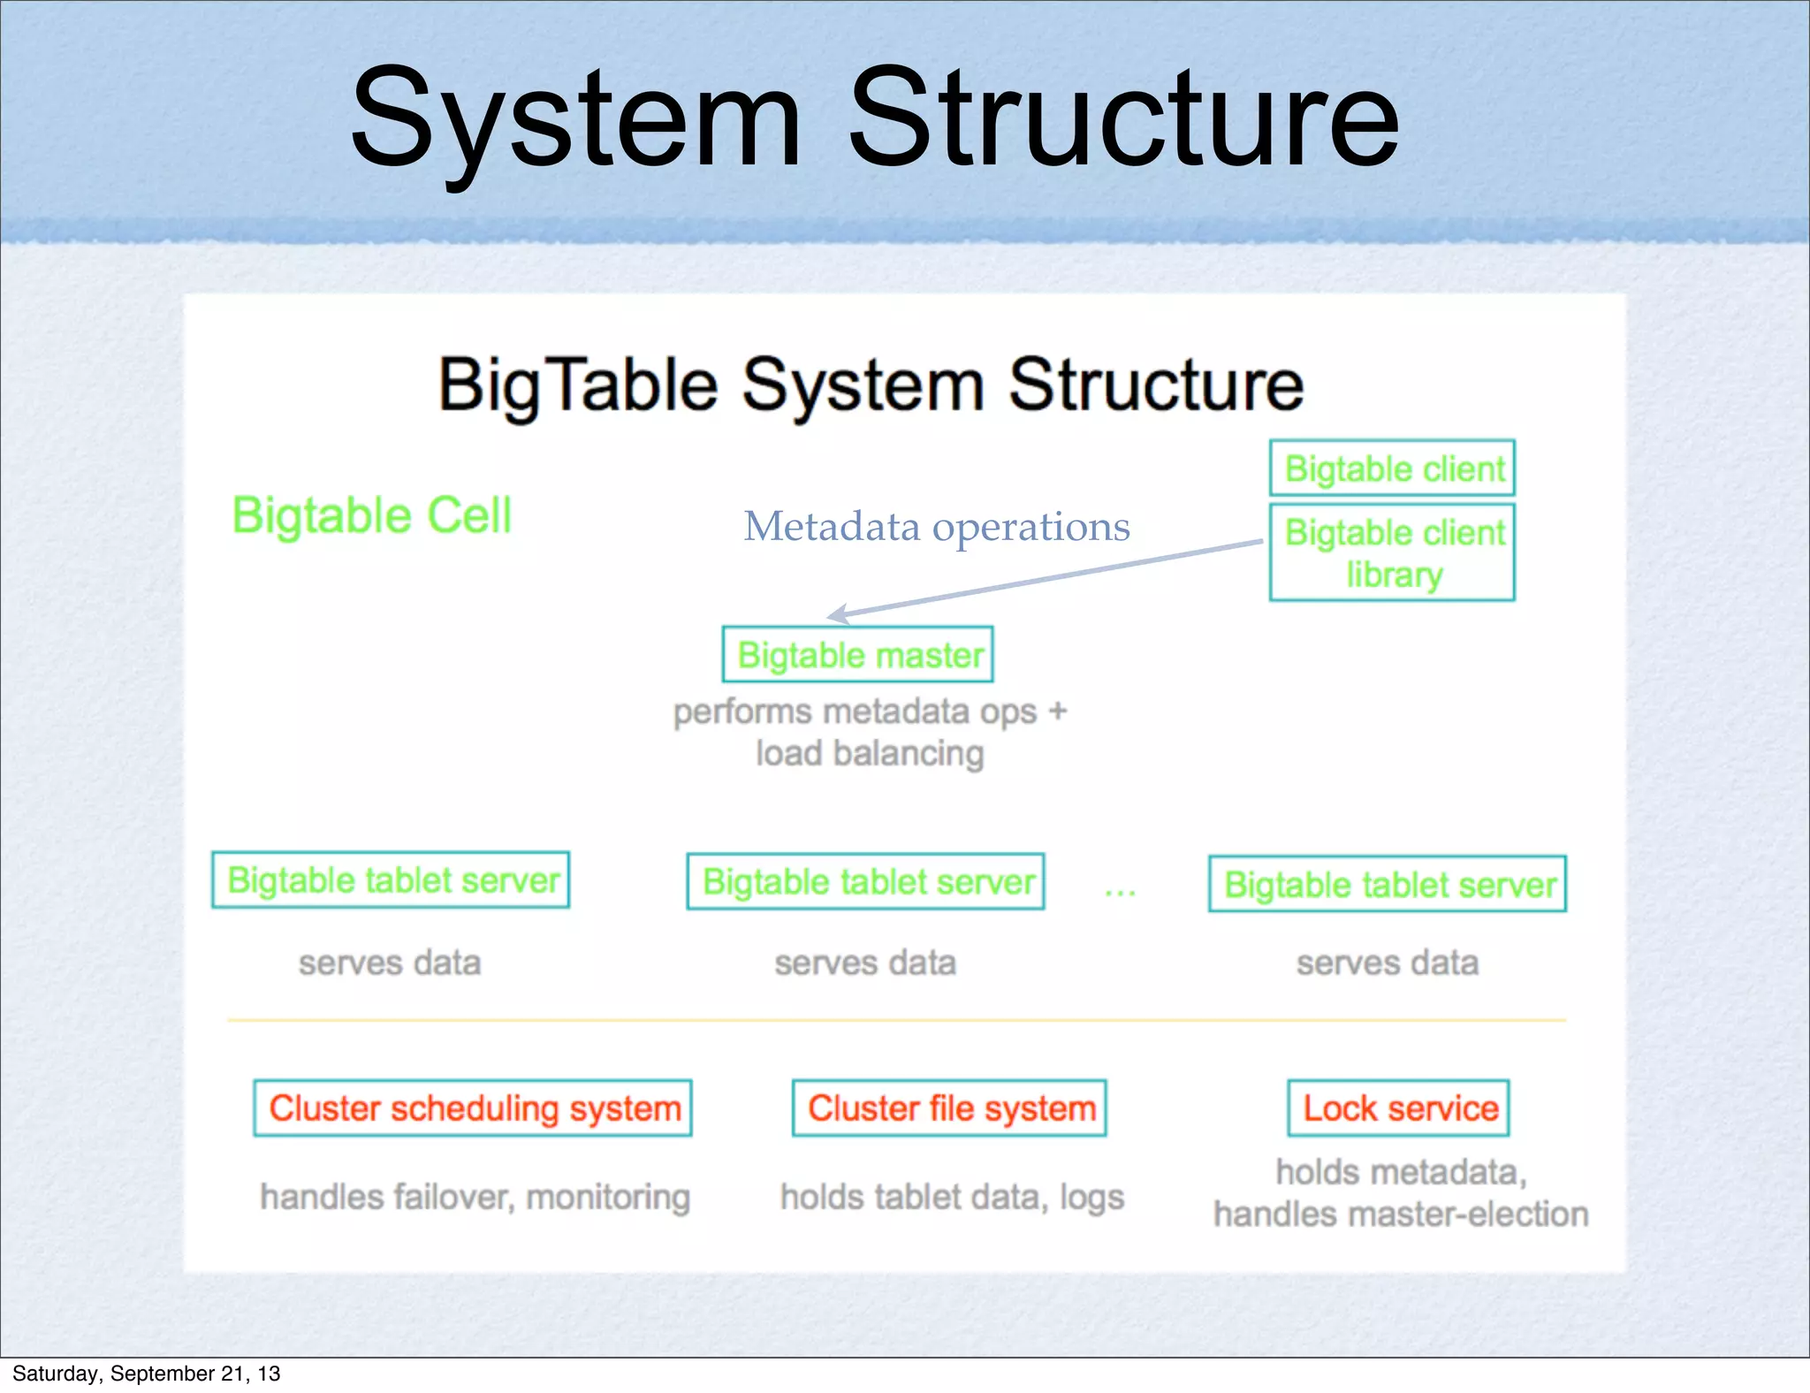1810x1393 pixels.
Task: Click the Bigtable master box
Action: (x=857, y=655)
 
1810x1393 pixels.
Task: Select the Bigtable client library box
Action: (x=1392, y=552)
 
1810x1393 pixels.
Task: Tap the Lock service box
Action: (x=1398, y=1108)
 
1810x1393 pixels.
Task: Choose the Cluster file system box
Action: (x=949, y=1108)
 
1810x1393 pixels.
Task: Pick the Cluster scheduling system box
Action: (x=473, y=1108)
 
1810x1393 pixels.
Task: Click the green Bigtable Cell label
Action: (x=371, y=515)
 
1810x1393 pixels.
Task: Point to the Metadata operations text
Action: (x=936, y=527)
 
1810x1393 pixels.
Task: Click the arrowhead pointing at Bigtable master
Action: (x=835, y=614)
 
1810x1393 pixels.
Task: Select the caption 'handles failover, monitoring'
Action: (x=475, y=1197)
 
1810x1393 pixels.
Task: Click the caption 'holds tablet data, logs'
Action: (x=952, y=1197)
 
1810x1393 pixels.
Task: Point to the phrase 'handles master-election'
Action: (x=1401, y=1214)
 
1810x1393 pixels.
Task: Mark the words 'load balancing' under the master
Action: (x=870, y=754)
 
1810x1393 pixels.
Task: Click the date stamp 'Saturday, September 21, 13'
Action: (x=147, y=1374)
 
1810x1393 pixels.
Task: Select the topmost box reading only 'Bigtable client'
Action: (x=1392, y=468)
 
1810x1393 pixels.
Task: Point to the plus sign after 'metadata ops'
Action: (x=1058, y=711)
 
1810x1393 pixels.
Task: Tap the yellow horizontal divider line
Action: (x=896, y=1020)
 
